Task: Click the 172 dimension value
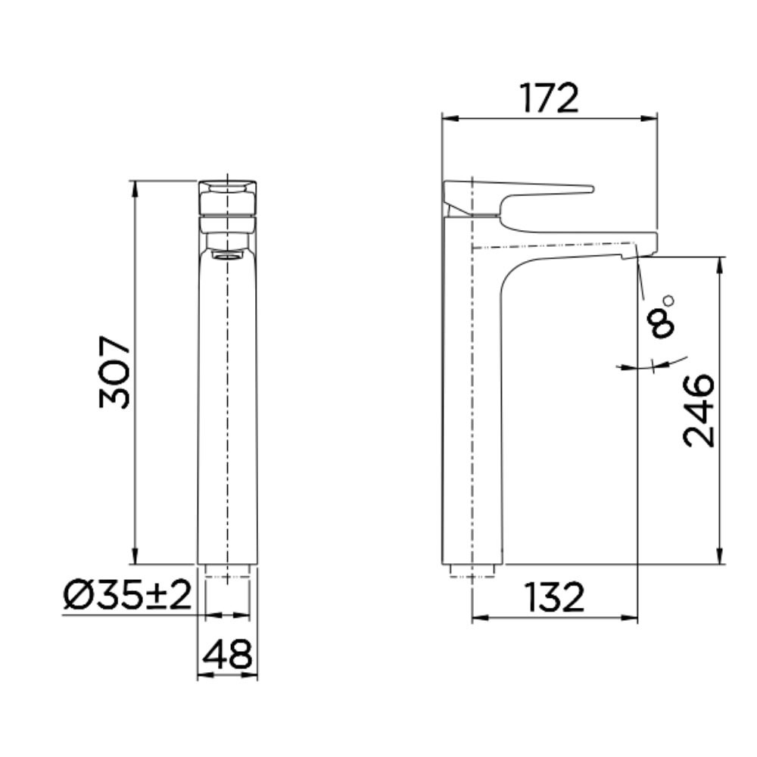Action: click(549, 98)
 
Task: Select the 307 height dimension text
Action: click(115, 373)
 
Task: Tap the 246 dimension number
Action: click(699, 410)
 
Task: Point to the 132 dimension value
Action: click(556, 598)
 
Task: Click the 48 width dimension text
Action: click(228, 655)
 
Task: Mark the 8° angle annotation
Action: click(660, 318)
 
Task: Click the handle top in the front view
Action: click(227, 185)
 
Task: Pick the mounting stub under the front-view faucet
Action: click(227, 570)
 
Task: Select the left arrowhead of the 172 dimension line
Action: click(447, 118)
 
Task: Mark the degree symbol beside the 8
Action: click(668, 301)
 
